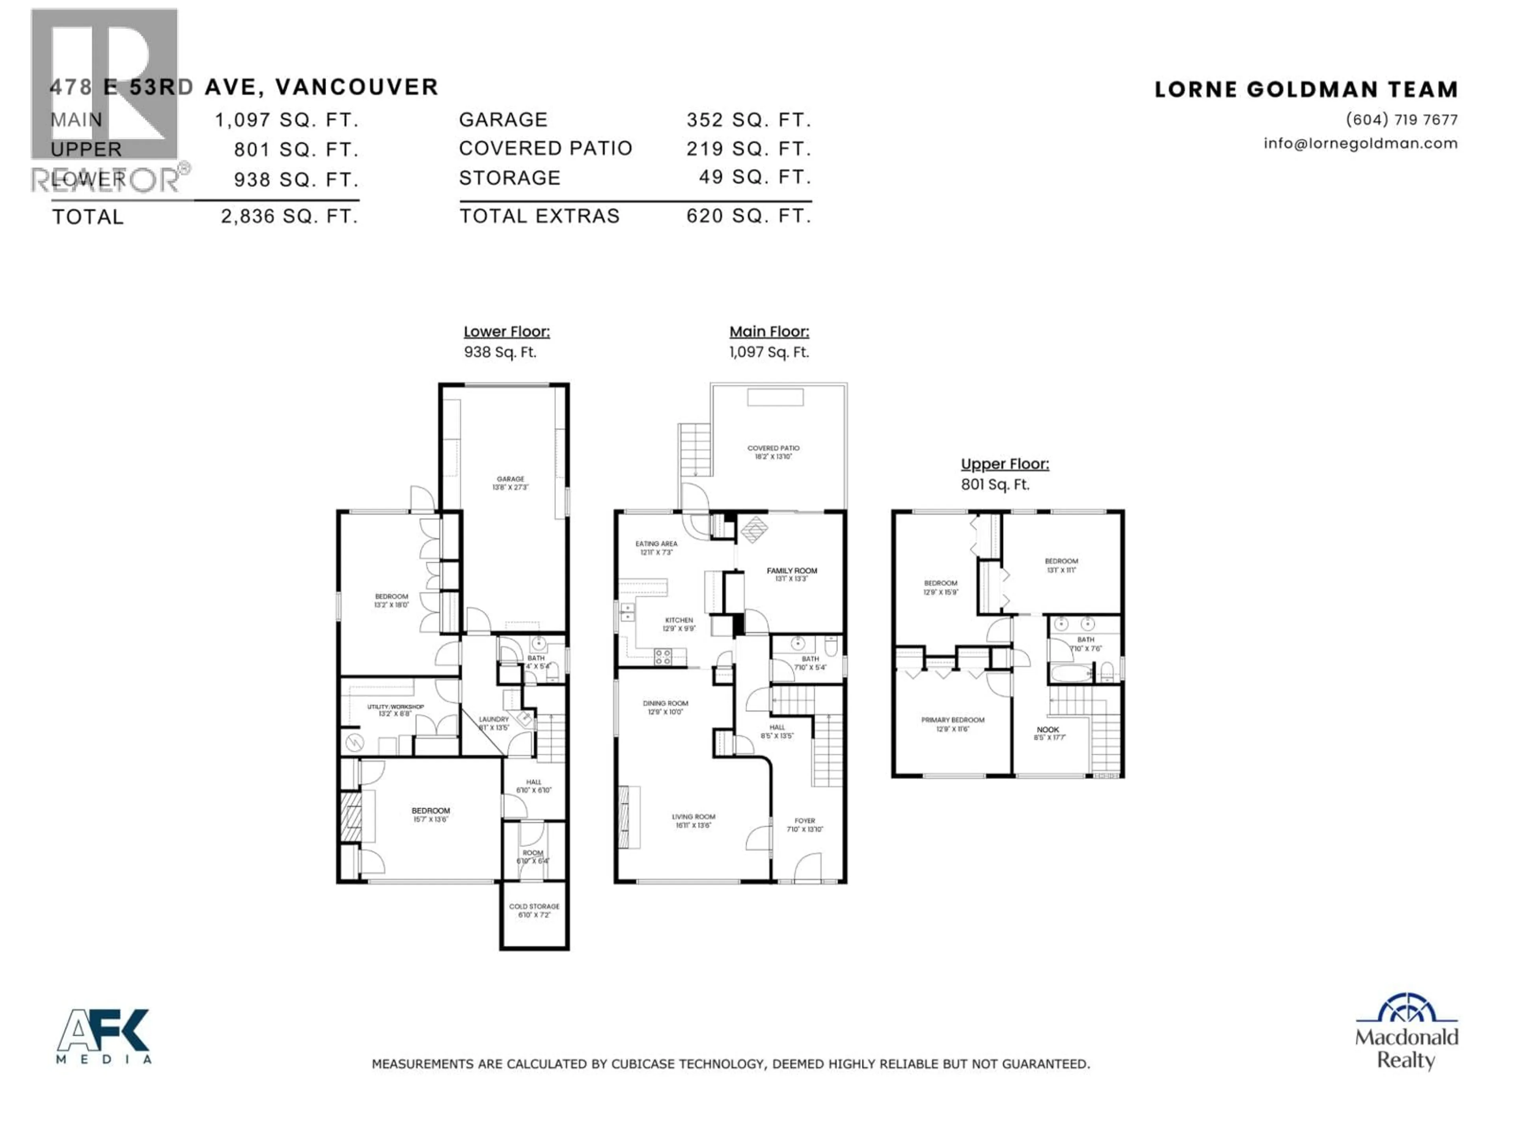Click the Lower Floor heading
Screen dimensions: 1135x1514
coord(507,332)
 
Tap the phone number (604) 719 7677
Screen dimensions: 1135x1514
coord(1401,120)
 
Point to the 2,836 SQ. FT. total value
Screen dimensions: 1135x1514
coord(289,217)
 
